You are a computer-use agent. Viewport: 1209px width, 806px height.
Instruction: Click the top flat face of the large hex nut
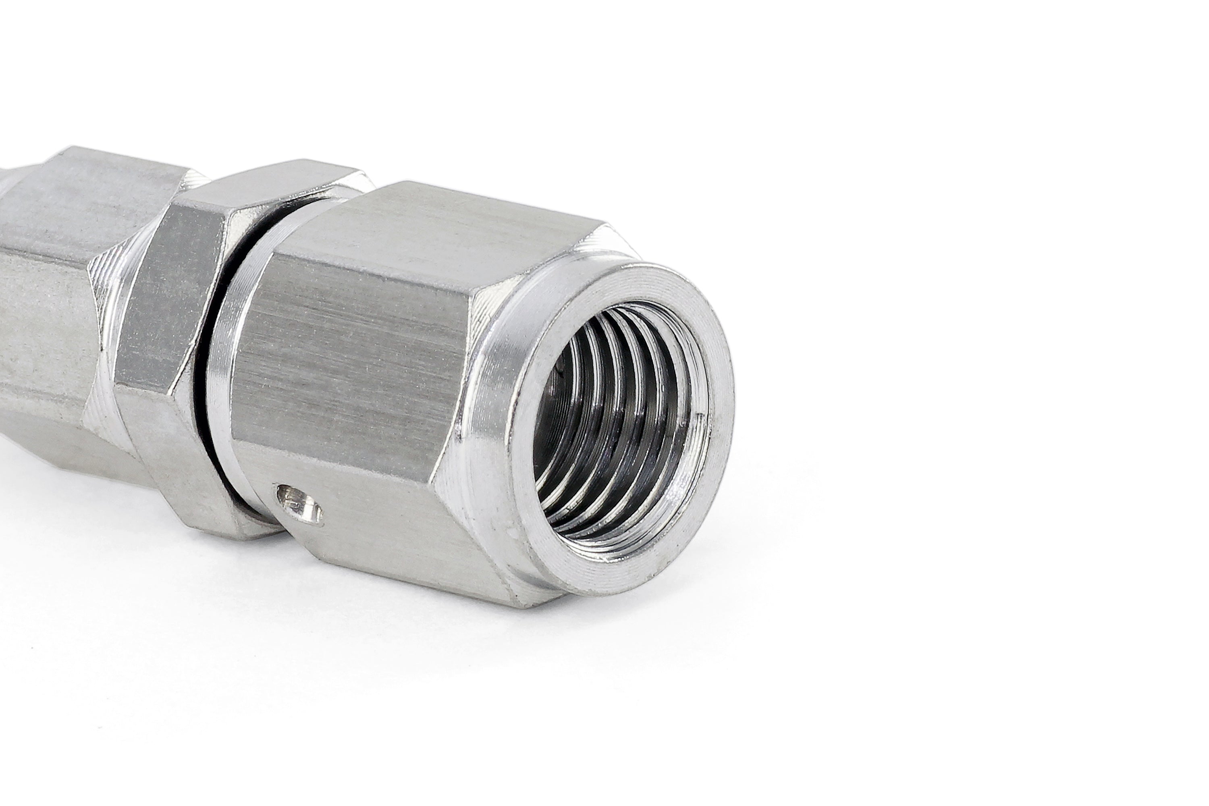pyautogui.click(x=463, y=226)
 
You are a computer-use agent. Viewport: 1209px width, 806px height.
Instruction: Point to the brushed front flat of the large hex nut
pyautogui.click(x=355, y=360)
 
